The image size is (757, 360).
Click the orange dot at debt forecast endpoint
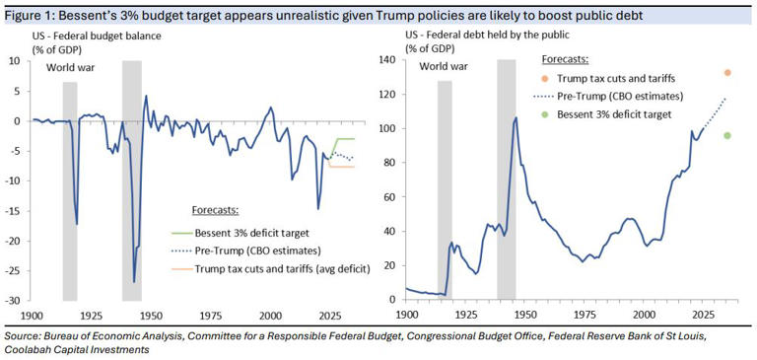727,73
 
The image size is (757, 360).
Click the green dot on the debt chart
727,135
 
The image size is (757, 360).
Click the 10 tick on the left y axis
16,61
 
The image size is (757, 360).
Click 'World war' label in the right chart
447,68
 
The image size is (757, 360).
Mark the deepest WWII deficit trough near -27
134,282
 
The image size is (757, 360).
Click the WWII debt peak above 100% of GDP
516,117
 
